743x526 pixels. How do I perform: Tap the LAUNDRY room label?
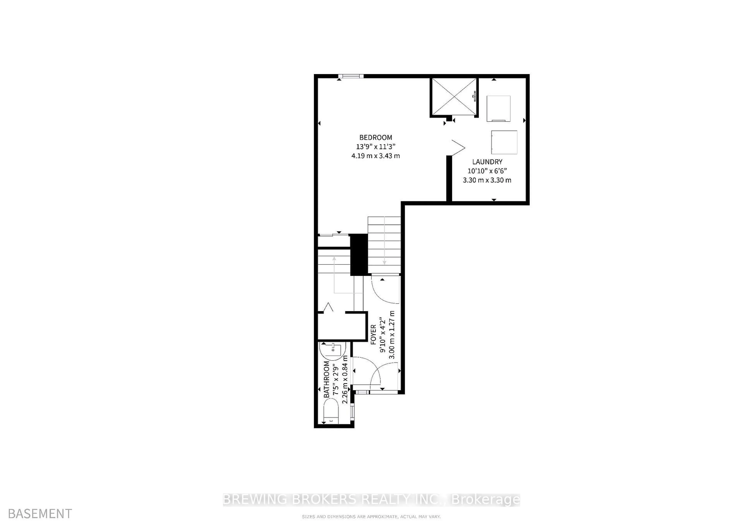(x=487, y=162)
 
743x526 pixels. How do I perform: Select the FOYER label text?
(x=373, y=335)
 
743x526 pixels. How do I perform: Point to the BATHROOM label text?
(x=327, y=379)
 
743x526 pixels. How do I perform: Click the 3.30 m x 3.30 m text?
(x=487, y=180)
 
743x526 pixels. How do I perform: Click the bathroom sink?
(x=333, y=350)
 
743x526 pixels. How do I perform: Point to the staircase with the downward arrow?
(x=384, y=245)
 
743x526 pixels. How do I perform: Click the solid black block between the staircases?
(x=359, y=255)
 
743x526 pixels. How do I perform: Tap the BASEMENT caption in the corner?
(x=40, y=514)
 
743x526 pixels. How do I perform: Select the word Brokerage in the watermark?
(x=485, y=500)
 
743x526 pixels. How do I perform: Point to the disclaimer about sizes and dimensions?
(x=371, y=517)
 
